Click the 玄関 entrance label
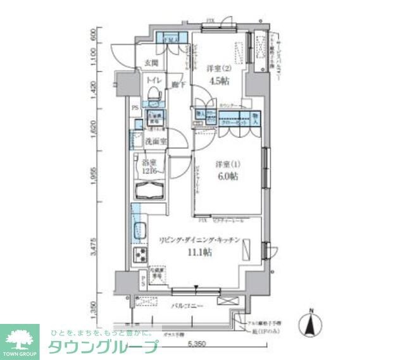coord(151,63)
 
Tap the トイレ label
coord(153,81)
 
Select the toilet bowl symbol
coord(153,96)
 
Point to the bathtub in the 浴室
coord(150,190)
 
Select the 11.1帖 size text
coord(199,252)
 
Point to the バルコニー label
coord(187,306)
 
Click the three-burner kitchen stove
coord(139,256)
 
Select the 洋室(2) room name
coord(218,68)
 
